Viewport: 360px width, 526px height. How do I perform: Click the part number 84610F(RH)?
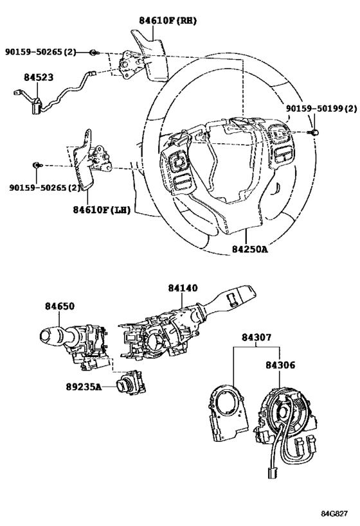click(x=168, y=21)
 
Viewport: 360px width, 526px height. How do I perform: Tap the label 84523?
click(x=39, y=77)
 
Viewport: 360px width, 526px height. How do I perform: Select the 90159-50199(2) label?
click(x=321, y=109)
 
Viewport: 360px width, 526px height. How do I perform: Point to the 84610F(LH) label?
click(x=102, y=210)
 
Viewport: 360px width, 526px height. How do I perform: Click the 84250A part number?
click(x=250, y=249)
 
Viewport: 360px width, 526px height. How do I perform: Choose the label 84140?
click(x=183, y=288)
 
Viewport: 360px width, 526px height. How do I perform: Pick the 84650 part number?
click(x=60, y=306)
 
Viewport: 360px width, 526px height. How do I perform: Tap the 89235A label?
click(x=84, y=387)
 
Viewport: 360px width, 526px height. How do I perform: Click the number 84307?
click(x=256, y=337)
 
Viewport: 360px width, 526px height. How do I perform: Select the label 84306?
click(x=280, y=365)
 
